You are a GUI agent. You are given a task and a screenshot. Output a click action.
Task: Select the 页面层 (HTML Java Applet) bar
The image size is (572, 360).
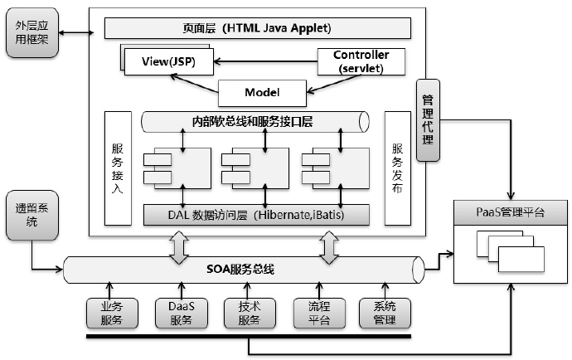(x=258, y=28)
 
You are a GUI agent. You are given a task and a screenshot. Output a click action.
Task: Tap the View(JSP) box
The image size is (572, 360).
(x=169, y=61)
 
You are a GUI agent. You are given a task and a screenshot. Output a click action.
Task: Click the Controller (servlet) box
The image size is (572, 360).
(x=361, y=61)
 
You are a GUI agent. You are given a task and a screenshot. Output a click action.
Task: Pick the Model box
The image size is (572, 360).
(x=262, y=91)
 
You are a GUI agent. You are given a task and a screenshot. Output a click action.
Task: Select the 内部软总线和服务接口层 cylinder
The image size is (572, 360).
(x=253, y=122)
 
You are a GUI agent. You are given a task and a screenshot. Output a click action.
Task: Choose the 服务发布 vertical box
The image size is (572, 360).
(x=397, y=168)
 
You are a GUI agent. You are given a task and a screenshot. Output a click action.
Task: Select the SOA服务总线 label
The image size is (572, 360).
(x=240, y=270)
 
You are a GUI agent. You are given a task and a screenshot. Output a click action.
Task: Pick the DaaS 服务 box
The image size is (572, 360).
(x=175, y=312)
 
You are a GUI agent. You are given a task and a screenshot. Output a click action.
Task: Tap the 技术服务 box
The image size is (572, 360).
(x=243, y=312)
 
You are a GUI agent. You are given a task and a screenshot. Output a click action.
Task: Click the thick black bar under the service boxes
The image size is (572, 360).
(x=248, y=337)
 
